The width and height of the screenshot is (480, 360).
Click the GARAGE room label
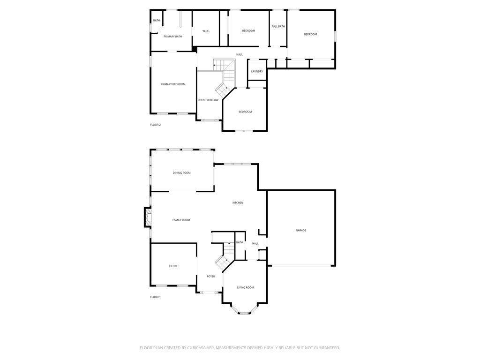[x=301, y=230]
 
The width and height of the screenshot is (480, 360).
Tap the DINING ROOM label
[x=181, y=173]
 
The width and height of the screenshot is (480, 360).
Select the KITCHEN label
[x=238, y=202]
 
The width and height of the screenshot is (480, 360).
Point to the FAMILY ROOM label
[x=181, y=220]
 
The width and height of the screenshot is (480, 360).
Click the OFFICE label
[x=173, y=266]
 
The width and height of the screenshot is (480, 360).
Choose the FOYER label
[x=211, y=276]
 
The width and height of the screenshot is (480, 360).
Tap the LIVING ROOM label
[x=245, y=287]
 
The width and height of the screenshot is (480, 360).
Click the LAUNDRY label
[x=257, y=71]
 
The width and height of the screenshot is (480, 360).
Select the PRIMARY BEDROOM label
[x=173, y=84]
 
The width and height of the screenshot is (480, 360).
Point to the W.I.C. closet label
[x=206, y=31]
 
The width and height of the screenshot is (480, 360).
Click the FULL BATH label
[x=278, y=26]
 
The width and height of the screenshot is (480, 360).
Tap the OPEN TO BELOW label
[x=208, y=100]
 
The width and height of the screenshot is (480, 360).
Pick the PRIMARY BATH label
[x=172, y=36]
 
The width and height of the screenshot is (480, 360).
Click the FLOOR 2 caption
[x=155, y=125]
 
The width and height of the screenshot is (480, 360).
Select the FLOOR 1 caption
[x=155, y=297]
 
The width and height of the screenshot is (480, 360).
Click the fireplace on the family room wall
[x=148, y=217]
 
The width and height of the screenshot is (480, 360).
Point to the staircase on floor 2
[x=224, y=75]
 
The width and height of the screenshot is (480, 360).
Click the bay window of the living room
[x=245, y=311]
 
